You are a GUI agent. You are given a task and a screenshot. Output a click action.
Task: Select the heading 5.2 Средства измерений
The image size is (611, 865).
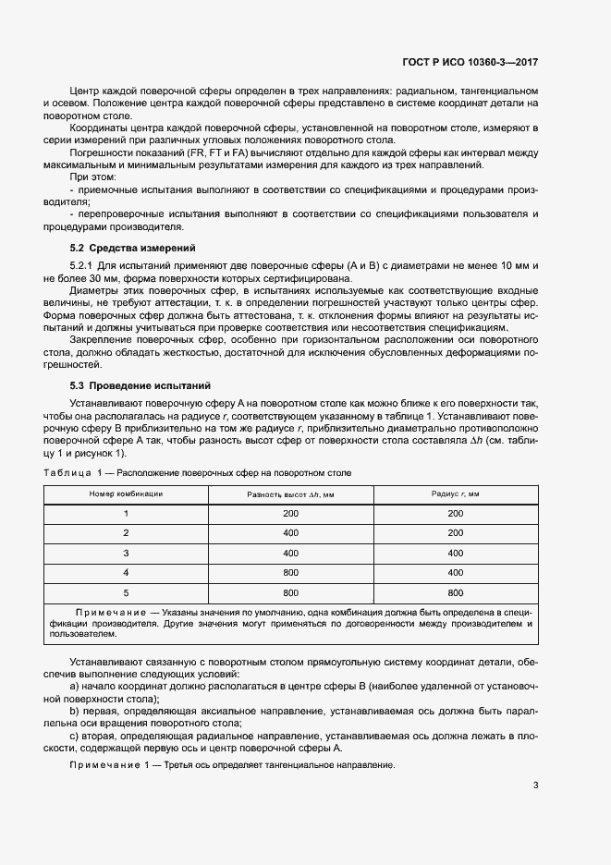tap(133, 249)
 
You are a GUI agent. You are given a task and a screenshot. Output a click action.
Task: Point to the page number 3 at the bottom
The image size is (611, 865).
tap(535, 786)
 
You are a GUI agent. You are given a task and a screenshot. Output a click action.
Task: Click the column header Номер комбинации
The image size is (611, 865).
tap(126, 494)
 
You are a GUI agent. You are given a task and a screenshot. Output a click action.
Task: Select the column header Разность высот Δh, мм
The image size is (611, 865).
tap(290, 494)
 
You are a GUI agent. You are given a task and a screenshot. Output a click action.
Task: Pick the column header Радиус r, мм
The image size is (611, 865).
tap(455, 494)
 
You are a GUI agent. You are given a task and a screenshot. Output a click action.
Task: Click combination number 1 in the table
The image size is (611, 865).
tap(126, 513)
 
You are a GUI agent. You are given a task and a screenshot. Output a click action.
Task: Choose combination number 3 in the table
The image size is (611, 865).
tap(126, 553)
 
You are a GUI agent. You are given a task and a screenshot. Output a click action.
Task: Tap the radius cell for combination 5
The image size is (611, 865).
tap(455, 592)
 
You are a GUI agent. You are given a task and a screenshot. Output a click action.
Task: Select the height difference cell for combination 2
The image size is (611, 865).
tap(290, 533)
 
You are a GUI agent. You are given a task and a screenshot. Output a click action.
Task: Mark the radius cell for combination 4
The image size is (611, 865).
tap(455, 573)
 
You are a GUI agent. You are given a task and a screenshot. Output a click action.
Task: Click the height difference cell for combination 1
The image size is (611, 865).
tap(290, 513)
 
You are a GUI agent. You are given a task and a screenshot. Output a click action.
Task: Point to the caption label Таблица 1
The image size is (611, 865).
tap(78, 473)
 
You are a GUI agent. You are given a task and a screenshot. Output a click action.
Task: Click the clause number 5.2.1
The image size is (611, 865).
tap(84, 266)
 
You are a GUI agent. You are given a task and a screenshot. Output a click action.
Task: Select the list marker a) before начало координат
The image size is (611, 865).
tap(75, 688)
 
